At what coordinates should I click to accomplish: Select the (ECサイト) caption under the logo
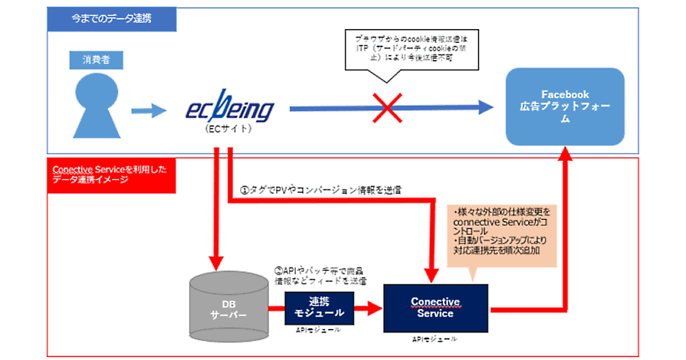point(228,129)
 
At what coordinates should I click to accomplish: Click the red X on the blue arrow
point(387,107)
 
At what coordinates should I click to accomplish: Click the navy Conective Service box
point(435,307)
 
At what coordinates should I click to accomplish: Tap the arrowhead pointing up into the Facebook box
point(566,153)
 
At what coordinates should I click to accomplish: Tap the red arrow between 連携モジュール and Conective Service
point(369,309)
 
